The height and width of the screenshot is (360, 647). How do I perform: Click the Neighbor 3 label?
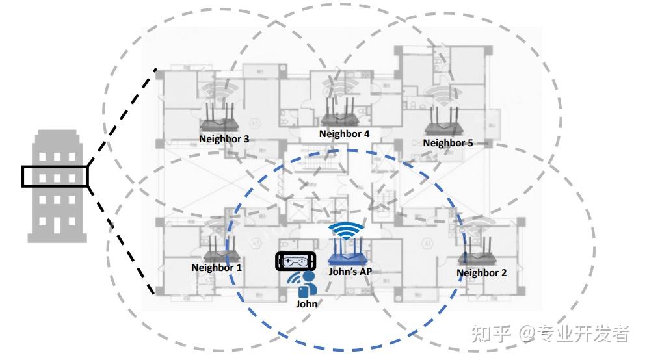(x=224, y=139)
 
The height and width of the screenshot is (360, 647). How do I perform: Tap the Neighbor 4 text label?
(x=344, y=134)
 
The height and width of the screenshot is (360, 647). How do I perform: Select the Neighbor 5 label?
(x=448, y=143)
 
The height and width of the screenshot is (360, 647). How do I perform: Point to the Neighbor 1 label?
(x=217, y=267)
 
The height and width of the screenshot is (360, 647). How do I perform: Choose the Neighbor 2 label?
(x=481, y=273)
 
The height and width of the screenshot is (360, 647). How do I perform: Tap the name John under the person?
(x=307, y=303)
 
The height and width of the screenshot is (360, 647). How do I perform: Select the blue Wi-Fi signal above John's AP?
(x=345, y=230)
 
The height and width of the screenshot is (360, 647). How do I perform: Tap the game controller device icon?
(x=295, y=261)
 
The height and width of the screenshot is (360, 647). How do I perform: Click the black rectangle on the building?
(x=55, y=177)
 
